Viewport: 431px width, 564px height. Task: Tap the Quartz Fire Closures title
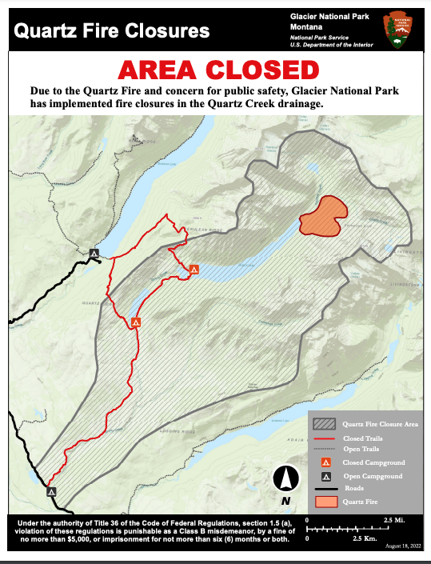coord(113,31)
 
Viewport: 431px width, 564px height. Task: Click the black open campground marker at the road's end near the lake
coord(94,254)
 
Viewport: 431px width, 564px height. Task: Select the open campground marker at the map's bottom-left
coord(51,491)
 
